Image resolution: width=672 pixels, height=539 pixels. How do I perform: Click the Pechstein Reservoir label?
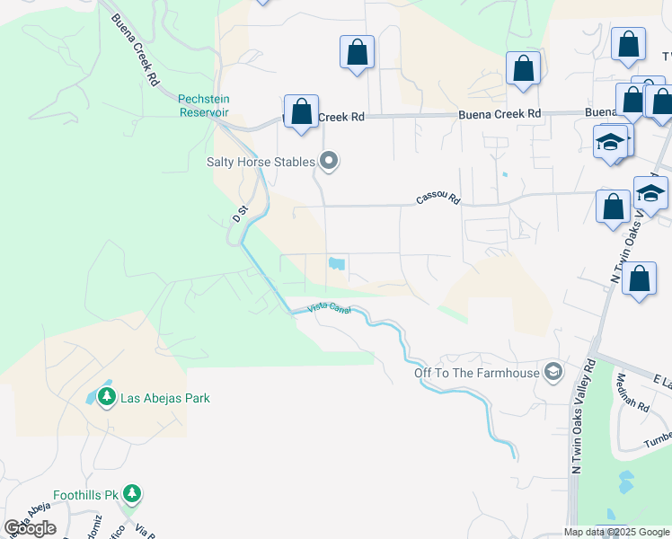point(203,105)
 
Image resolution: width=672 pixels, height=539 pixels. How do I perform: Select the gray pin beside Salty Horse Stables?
point(330,162)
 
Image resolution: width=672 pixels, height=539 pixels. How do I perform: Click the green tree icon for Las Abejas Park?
point(107,396)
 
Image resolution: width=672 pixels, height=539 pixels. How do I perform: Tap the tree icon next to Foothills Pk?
point(132,493)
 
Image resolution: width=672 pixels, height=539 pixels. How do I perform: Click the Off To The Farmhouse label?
point(476,373)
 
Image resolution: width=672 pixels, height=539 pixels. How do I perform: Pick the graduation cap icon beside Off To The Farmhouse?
point(553,372)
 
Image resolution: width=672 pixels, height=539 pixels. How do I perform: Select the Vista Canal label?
point(329,308)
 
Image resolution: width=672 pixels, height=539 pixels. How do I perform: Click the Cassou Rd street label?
point(438,199)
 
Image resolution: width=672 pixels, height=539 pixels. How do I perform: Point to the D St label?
point(239,216)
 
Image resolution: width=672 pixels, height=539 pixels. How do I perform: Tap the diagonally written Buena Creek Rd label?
point(136,50)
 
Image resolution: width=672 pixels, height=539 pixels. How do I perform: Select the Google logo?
point(30,527)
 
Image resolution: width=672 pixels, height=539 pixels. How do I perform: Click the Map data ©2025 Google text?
point(616,532)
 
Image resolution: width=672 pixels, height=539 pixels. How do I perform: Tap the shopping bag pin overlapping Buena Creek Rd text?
point(302,112)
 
